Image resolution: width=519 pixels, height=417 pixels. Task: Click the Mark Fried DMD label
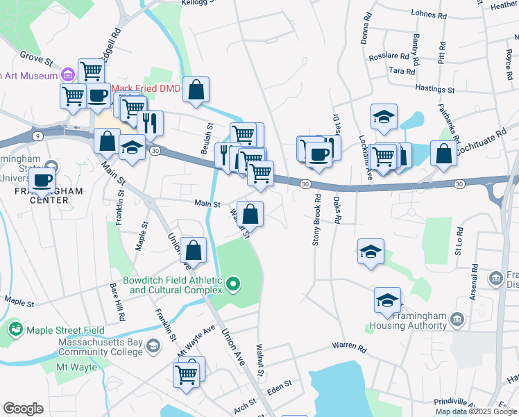(x=146, y=88)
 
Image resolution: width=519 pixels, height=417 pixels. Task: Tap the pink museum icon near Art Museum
(x=67, y=74)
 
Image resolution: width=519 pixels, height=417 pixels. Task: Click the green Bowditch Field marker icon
(x=234, y=282)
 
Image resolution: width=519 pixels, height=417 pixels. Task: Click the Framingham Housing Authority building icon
(x=457, y=319)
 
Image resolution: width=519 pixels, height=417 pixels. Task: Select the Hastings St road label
(x=435, y=89)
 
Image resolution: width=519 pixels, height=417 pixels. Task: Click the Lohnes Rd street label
(x=429, y=14)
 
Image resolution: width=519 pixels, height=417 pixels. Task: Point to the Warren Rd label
(x=348, y=345)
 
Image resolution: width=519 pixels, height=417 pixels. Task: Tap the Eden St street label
(x=280, y=402)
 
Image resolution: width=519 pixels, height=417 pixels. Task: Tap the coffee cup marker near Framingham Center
(x=43, y=179)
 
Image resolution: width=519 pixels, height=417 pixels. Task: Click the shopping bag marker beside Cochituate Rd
(x=443, y=154)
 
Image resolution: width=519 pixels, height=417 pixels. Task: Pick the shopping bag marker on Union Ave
(x=194, y=250)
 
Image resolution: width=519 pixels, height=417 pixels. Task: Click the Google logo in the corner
(x=23, y=409)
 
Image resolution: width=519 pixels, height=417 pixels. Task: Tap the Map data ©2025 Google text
(x=476, y=411)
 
